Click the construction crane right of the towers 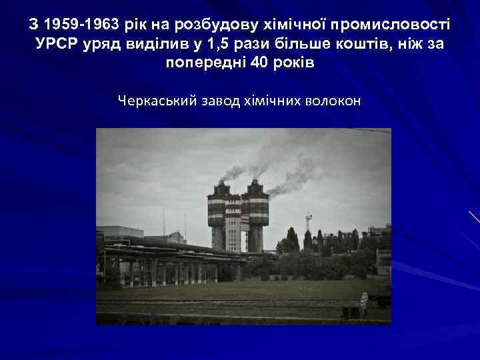pos(307,223)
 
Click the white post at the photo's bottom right pos(363,303)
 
